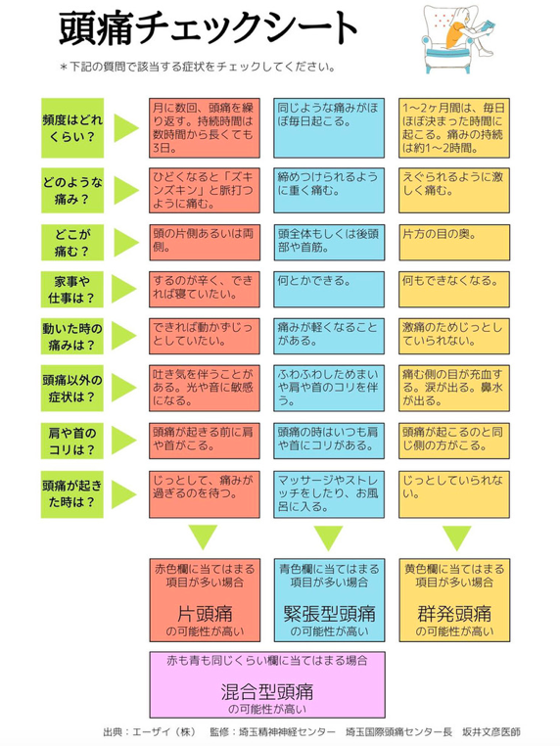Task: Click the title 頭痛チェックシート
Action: (x=208, y=28)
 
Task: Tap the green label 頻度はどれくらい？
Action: (x=72, y=128)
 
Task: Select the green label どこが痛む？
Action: (x=72, y=243)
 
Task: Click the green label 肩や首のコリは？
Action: (x=72, y=441)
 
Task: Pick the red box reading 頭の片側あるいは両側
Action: (x=205, y=243)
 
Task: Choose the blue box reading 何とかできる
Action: (x=329, y=289)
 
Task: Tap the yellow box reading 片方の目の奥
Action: (x=454, y=243)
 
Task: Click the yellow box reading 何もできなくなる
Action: (x=454, y=289)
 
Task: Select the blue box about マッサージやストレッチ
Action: (x=329, y=494)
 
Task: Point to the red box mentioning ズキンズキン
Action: (x=205, y=190)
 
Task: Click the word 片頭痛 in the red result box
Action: (x=205, y=614)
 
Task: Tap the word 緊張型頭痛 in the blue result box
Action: (x=329, y=614)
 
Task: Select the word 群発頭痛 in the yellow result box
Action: (x=454, y=614)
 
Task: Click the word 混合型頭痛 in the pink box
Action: (x=267, y=692)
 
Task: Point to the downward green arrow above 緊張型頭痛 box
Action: (x=328, y=538)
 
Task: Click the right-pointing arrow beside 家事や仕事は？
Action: (x=124, y=289)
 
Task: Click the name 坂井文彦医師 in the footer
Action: (x=491, y=731)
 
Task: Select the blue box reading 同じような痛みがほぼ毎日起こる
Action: (x=329, y=128)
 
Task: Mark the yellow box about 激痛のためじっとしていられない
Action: (x=454, y=337)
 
